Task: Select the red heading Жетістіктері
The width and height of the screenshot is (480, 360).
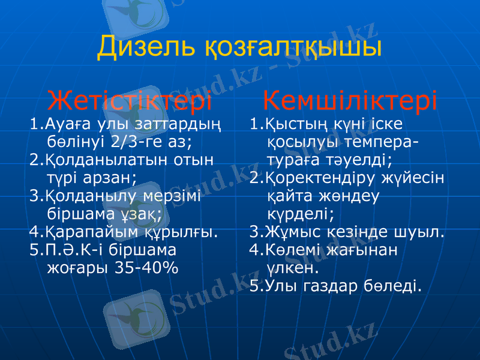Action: pyautogui.click(x=130, y=101)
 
